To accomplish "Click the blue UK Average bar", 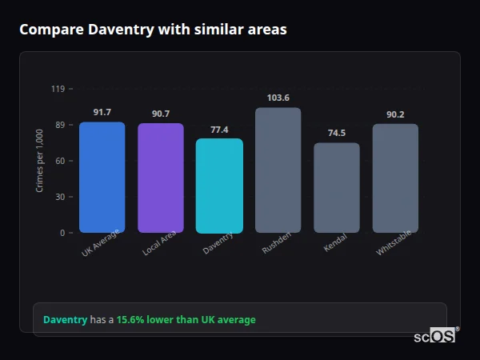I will pyautogui.click(x=102, y=178).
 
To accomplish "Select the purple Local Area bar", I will pyautogui.click(x=160, y=178).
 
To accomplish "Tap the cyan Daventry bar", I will pyautogui.click(x=219, y=186).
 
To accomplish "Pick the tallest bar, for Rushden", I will pyautogui.click(x=278, y=170).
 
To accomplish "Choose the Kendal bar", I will pyautogui.click(x=336, y=188).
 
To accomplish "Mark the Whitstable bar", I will pyautogui.click(x=395, y=178).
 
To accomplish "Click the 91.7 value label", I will pyautogui.click(x=102, y=112).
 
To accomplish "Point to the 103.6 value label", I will pyautogui.click(x=278, y=98).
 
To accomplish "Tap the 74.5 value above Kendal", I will pyautogui.click(x=336, y=133).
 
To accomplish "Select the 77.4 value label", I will pyautogui.click(x=219, y=130).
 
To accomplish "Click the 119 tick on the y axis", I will pyautogui.click(x=58, y=89).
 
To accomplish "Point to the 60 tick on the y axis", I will pyautogui.click(x=59, y=161).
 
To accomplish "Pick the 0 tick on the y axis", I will pyautogui.click(x=62, y=233).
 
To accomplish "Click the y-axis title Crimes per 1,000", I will pyautogui.click(x=40, y=160).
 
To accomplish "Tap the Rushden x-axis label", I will pyautogui.click(x=277, y=243).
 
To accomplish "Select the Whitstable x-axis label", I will pyautogui.click(x=394, y=245).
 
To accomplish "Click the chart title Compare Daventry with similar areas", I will pyautogui.click(x=153, y=30).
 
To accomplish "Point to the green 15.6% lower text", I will pyautogui.click(x=186, y=320).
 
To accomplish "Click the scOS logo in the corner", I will pyautogui.click(x=434, y=336).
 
